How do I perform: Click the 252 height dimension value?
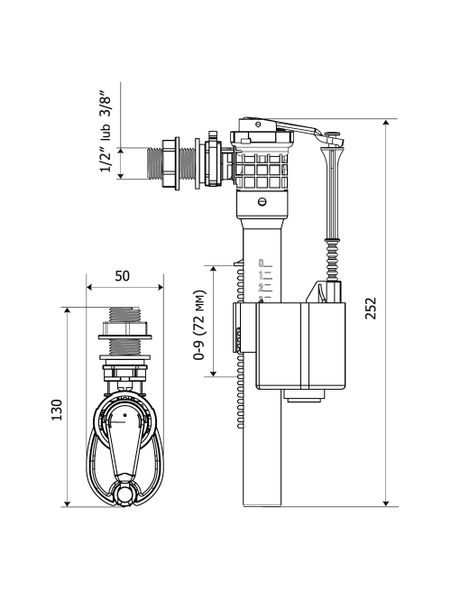point(371,309)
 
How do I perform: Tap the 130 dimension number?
point(57,410)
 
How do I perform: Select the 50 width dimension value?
point(122,276)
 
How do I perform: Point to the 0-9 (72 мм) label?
point(199,325)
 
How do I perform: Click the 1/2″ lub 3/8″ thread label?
point(106,131)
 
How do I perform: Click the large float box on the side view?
point(300,346)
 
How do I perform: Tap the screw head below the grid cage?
point(262,201)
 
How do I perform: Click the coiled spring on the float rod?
point(332,259)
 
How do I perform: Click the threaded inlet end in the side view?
point(153,162)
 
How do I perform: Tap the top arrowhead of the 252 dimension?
point(385,123)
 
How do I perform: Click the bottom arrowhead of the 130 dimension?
point(67,503)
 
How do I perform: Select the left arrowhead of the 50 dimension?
point(90,287)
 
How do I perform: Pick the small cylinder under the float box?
point(304,395)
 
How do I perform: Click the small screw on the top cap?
point(258,124)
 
